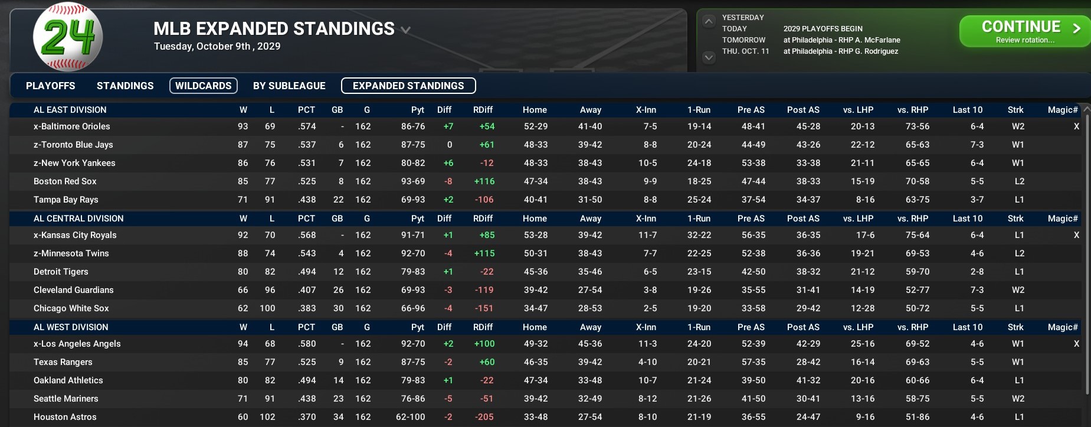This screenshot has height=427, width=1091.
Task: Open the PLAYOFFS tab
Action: (50, 86)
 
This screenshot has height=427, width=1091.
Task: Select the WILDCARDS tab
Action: (204, 86)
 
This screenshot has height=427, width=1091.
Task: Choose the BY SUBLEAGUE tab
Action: (289, 86)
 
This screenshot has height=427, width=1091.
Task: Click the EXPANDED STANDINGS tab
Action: (408, 86)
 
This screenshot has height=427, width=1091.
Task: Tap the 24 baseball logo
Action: (68, 37)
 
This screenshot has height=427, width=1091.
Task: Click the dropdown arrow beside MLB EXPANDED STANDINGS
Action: (405, 30)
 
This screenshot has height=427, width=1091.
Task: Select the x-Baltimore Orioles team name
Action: (72, 126)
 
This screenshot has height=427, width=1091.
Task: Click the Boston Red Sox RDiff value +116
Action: (484, 181)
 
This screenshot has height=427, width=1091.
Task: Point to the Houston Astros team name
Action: (65, 417)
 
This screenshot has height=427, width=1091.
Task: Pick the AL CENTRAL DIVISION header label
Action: (78, 219)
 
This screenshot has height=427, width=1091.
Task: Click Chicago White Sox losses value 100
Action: (267, 308)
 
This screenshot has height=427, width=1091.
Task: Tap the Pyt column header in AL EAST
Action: (418, 110)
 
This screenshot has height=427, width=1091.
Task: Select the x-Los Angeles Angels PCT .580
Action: (307, 344)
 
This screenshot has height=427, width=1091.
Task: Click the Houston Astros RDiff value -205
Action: (484, 417)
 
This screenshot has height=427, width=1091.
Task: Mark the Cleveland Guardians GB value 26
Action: (338, 290)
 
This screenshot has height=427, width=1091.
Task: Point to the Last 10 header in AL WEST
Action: (968, 327)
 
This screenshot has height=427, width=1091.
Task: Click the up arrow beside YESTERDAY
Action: (709, 21)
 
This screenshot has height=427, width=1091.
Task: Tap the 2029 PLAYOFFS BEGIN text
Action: (823, 28)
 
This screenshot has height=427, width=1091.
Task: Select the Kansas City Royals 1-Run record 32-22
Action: (699, 235)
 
